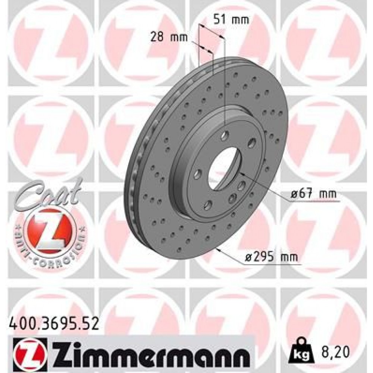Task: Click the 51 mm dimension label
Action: tap(231, 20)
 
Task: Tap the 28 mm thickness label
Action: tap(169, 37)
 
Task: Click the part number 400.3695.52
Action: tap(53, 324)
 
